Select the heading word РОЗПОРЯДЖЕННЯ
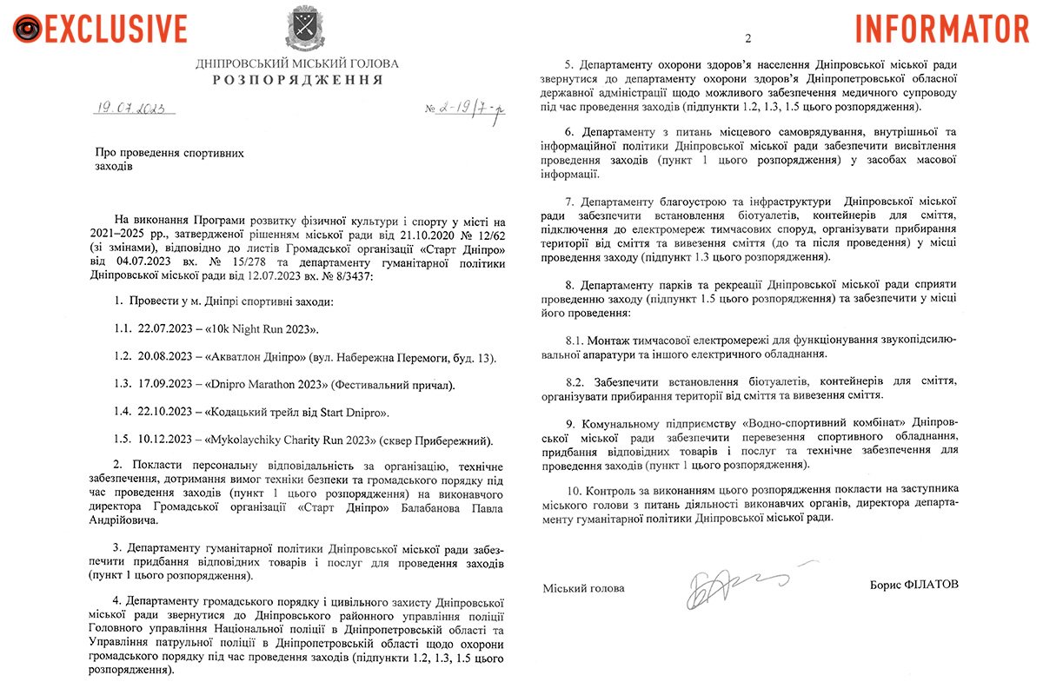point(297,80)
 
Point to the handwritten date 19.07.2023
point(134,109)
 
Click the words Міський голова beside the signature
point(583,588)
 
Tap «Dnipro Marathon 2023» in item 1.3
point(269,384)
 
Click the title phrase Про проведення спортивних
point(169,153)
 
